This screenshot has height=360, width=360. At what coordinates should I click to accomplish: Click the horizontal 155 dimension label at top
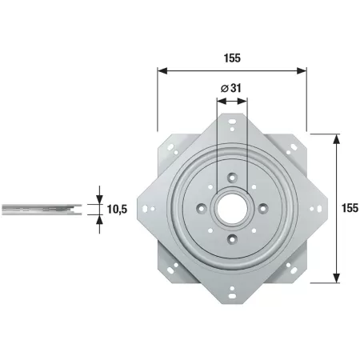(232, 58)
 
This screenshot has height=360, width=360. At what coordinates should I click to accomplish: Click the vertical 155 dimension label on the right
(350, 208)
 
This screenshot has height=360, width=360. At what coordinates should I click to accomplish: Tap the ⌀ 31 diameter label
(231, 88)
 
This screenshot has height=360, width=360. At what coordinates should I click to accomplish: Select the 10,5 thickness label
(117, 210)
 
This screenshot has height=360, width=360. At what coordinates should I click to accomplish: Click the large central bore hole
(232, 208)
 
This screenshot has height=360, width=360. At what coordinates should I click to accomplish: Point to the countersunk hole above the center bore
(232, 178)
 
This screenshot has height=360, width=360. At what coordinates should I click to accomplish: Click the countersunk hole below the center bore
(232, 239)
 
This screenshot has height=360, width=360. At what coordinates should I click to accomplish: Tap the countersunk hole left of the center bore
(202, 208)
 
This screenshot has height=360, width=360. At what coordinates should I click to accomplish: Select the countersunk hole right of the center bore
(263, 208)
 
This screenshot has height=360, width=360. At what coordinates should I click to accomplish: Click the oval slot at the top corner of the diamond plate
(232, 122)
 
